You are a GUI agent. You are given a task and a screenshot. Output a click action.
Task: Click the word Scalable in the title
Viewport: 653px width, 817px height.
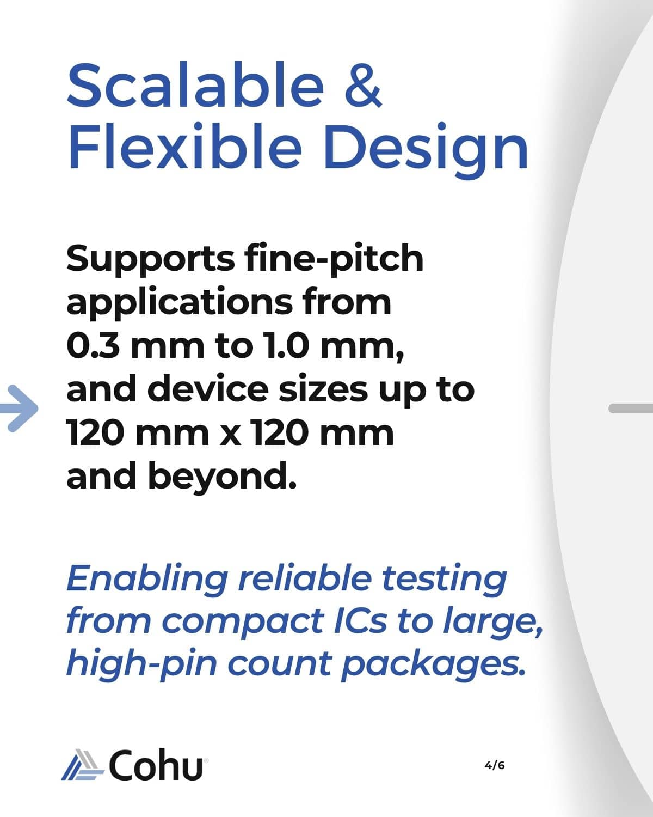point(195,84)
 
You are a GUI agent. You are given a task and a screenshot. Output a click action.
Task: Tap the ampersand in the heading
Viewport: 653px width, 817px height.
point(363,85)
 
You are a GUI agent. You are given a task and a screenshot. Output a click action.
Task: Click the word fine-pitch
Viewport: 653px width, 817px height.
point(334,259)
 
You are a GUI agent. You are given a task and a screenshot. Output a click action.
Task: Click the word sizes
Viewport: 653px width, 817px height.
point(323,391)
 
